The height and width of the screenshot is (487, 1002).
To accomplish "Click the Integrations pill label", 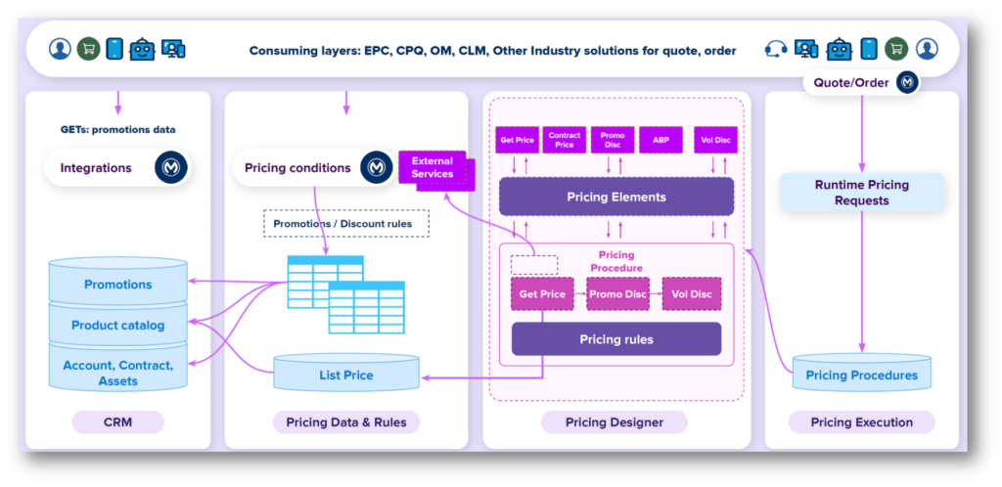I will coord(96,168).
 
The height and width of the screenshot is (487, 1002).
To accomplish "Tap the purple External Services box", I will coord(433,167).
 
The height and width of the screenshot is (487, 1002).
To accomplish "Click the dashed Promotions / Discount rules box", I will coord(342,224).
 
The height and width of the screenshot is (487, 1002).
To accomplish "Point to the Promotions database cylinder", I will coord(117,285).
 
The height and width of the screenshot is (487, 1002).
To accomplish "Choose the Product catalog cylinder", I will coord(117,325).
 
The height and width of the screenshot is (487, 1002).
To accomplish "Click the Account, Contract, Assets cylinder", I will coord(117,373).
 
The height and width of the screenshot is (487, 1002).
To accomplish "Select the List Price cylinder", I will coord(345,375).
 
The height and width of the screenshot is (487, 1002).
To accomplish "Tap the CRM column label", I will coord(117,422).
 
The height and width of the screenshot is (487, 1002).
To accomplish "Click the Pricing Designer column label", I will coord(615,422).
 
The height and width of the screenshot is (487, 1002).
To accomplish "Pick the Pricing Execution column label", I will coord(862,422).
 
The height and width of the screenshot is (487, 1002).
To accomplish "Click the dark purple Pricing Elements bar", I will coord(616,197).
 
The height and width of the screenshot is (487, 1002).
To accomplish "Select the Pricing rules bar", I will coord(616,339).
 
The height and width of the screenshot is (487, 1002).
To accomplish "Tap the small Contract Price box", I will coord(565,140).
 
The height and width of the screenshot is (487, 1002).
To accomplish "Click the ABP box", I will coord(660,140).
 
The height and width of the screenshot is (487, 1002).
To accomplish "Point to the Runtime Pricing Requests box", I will coord(862,193).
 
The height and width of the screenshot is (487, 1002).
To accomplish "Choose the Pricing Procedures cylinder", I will coord(862,376).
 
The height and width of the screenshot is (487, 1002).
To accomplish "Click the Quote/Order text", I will coord(851,83).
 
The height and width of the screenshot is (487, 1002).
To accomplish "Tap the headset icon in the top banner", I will coord(777,48).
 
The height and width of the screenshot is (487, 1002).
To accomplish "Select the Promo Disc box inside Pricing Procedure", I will coord(617,293).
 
